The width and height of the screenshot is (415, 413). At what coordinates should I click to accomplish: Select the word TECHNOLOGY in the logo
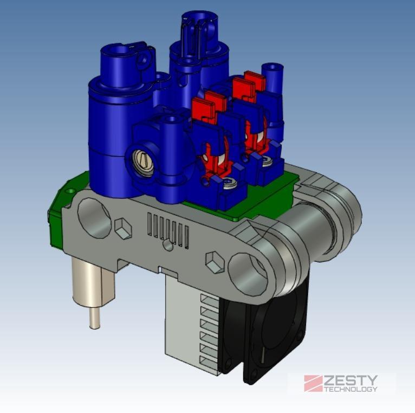(x=351, y=389)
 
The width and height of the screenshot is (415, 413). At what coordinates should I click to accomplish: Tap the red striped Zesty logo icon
(x=313, y=383)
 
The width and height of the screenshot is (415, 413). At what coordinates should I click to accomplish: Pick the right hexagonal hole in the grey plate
(x=215, y=262)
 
